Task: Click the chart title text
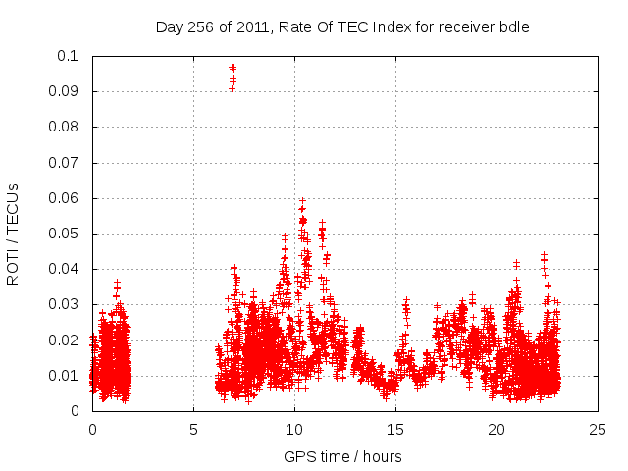pyautogui.click(x=342, y=27)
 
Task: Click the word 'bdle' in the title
pyautogui.click(x=513, y=27)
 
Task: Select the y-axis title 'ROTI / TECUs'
pyautogui.click(x=13, y=234)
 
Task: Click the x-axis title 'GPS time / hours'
pyautogui.click(x=342, y=456)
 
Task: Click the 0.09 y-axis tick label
pyautogui.click(x=67, y=91)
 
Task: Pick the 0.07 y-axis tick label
pyautogui.click(x=67, y=163)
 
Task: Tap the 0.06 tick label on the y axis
pyautogui.click(x=67, y=198)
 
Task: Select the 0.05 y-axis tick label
pyautogui.click(x=67, y=234)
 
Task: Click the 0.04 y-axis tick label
pyautogui.click(x=67, y=269)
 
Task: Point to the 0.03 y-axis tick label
pyautogui.click(x=67, y=304)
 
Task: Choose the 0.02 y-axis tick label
pyautogui.click(x=67, y=340)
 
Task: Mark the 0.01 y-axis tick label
pyautogui.click(x=67, y=376)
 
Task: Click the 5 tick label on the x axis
pyautogui.click(x=193, y=430)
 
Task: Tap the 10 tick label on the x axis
pyautogui.click(x=294, y=430)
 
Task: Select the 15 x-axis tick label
pyautogui.click(x=395, y=430)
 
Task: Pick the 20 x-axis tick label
pyautogui.click(x=497, y=430)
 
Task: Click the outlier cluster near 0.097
pyautogui.click(x=233, y=74)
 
